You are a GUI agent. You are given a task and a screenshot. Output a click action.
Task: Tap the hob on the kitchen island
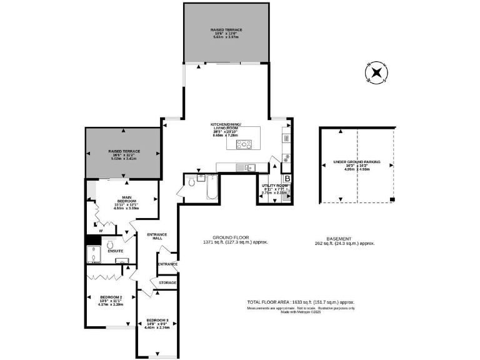(243, 145)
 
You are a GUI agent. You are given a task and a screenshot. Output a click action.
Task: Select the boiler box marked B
(287, 179)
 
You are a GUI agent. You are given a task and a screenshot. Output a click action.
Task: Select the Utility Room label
(274, 186)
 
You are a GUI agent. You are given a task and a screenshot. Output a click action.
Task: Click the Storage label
(167, 282)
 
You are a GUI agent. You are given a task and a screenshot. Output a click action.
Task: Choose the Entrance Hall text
(157, 236)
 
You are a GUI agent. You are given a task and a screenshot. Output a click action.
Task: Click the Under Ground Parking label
(357, 161)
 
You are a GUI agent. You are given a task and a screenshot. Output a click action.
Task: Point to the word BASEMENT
(341, 238)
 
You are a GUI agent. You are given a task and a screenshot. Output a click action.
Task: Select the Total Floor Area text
(301, 301)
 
